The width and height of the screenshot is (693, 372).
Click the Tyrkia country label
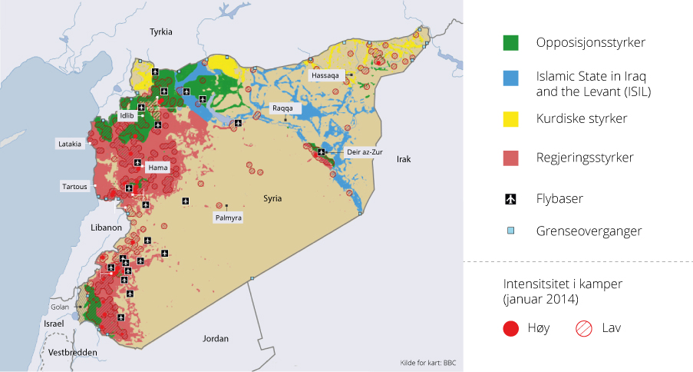coord(161,32)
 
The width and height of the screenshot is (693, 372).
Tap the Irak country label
coord(404,160)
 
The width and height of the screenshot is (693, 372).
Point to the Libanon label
coord(105,228)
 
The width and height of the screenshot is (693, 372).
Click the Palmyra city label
coord(228,218)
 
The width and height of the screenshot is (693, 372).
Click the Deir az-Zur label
coord(364,153)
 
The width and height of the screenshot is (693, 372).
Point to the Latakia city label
coord(71,144)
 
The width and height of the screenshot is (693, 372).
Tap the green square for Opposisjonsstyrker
coord(510,42)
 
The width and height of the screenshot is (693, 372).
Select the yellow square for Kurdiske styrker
coord(510,119)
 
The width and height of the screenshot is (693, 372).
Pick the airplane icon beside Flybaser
coord(510,199)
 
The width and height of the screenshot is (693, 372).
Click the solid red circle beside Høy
coord(510,328)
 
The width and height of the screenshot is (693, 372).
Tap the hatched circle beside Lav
coord(583,328)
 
